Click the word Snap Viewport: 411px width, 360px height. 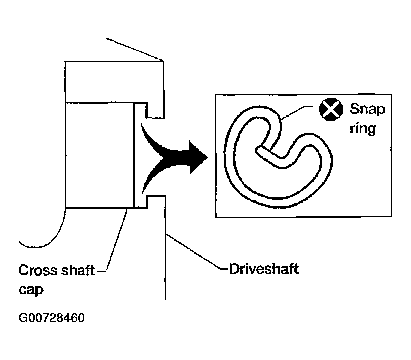coord(367,110)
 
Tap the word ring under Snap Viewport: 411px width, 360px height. coord(363,129)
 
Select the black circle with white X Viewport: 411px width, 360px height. coord(331,109)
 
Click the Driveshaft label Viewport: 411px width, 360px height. coord(264,269)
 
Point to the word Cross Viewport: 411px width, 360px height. coord(37,270)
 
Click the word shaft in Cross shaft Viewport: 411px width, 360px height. coord(78,270)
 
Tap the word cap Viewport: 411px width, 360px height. coord(31,290)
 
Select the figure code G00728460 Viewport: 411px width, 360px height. coord(51,318)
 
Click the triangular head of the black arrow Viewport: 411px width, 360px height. coord(198,157)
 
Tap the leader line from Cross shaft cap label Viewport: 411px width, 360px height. coord(117,239)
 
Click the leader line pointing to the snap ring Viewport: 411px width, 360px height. coord(296,113)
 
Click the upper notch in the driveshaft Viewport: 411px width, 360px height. coord(155,111)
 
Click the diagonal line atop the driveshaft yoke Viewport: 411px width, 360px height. coord(133,49)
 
